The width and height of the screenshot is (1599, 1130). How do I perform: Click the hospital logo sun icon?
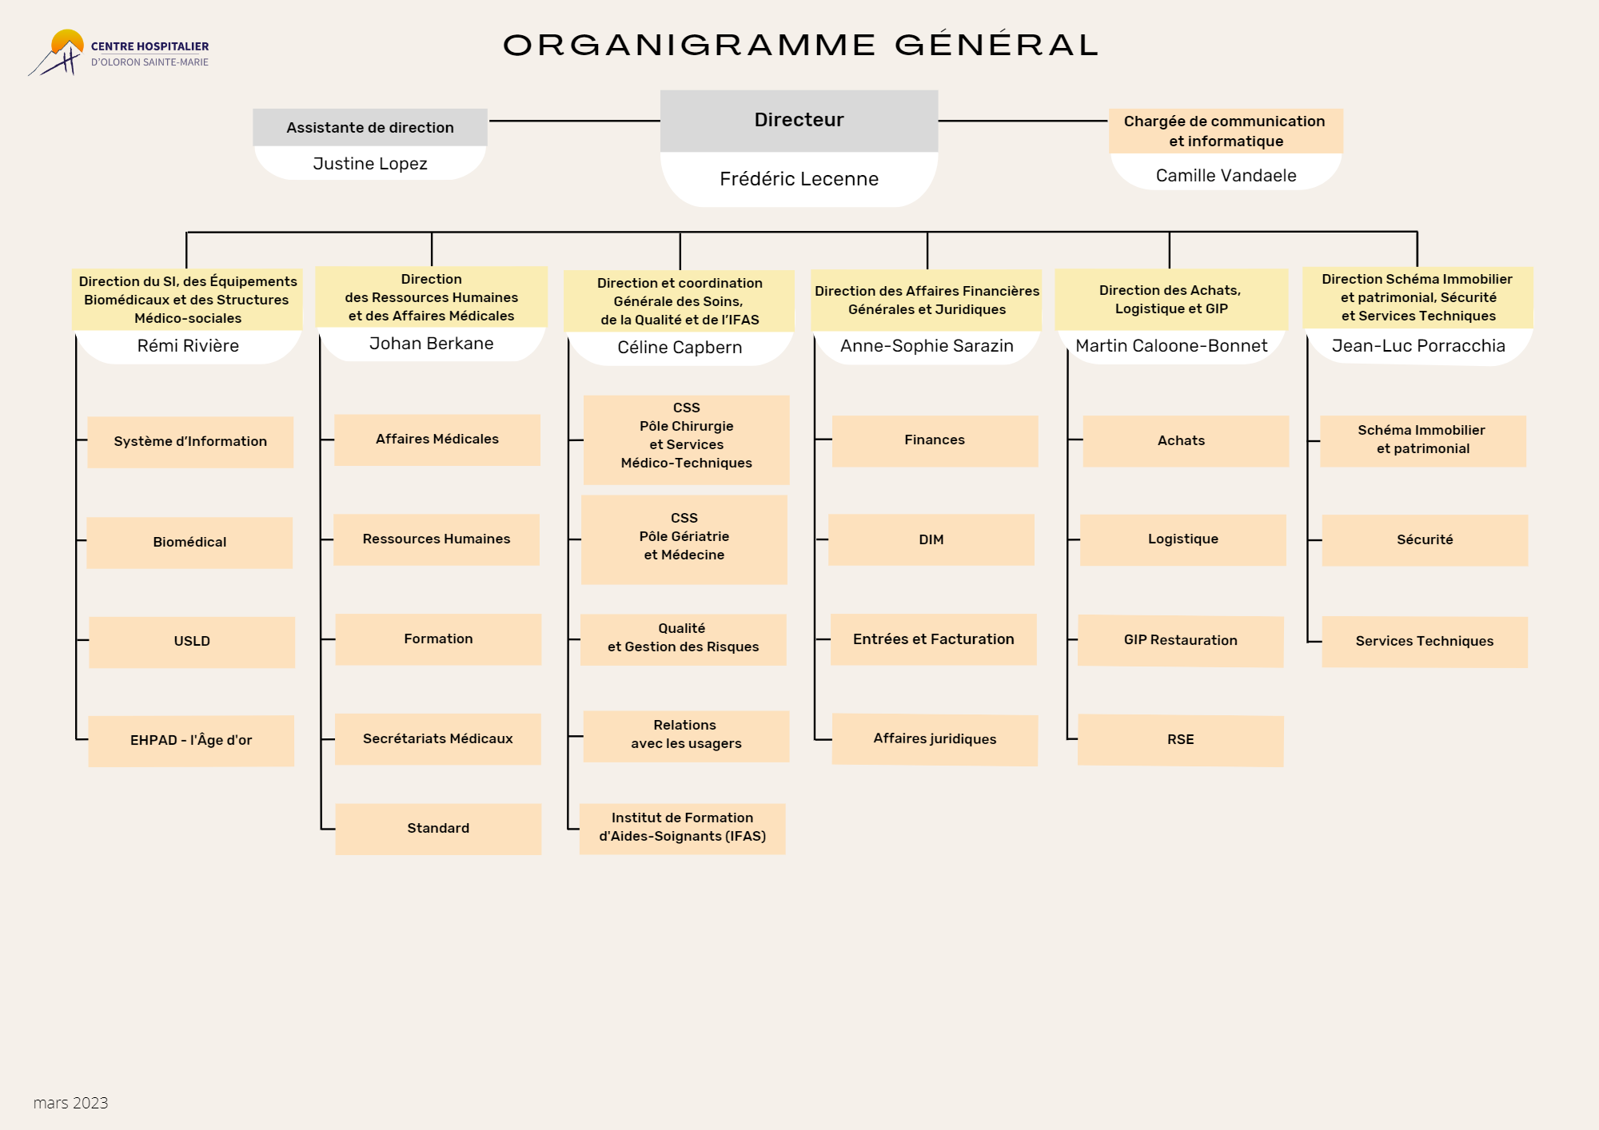pos(68,42)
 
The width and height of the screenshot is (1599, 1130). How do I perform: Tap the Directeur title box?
pos(799,121)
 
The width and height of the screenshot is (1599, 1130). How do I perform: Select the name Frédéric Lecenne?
pos(799,179)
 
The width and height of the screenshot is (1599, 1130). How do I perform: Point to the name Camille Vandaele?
pos(1226,176)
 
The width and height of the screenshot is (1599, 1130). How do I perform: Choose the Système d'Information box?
pos(190,442)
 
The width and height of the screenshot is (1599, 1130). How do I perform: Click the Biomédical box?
pos(189,543)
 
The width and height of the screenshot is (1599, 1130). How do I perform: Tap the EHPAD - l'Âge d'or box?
pos(191,741)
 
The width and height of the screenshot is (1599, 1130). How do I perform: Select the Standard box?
pos(438,829)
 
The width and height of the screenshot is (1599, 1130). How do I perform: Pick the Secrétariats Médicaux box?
pos(438,739)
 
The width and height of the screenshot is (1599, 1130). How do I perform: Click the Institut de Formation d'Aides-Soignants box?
pos(683,829)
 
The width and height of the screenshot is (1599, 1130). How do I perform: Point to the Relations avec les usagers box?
pos(686,736)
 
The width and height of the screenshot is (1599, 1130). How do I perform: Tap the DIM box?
pos(931,539)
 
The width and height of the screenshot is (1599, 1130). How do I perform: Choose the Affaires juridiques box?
pos(935,739)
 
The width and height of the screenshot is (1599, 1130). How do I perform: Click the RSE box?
pos(1181,741)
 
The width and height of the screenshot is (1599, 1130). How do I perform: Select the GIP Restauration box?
pos(1181,641)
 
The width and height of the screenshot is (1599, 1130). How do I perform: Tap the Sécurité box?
pos(1425,540)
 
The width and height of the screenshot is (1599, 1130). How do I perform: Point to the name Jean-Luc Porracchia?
pos(1418,346)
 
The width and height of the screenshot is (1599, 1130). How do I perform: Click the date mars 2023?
pos(70,1103)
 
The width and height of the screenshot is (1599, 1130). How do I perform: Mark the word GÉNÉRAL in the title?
pos(997,44)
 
